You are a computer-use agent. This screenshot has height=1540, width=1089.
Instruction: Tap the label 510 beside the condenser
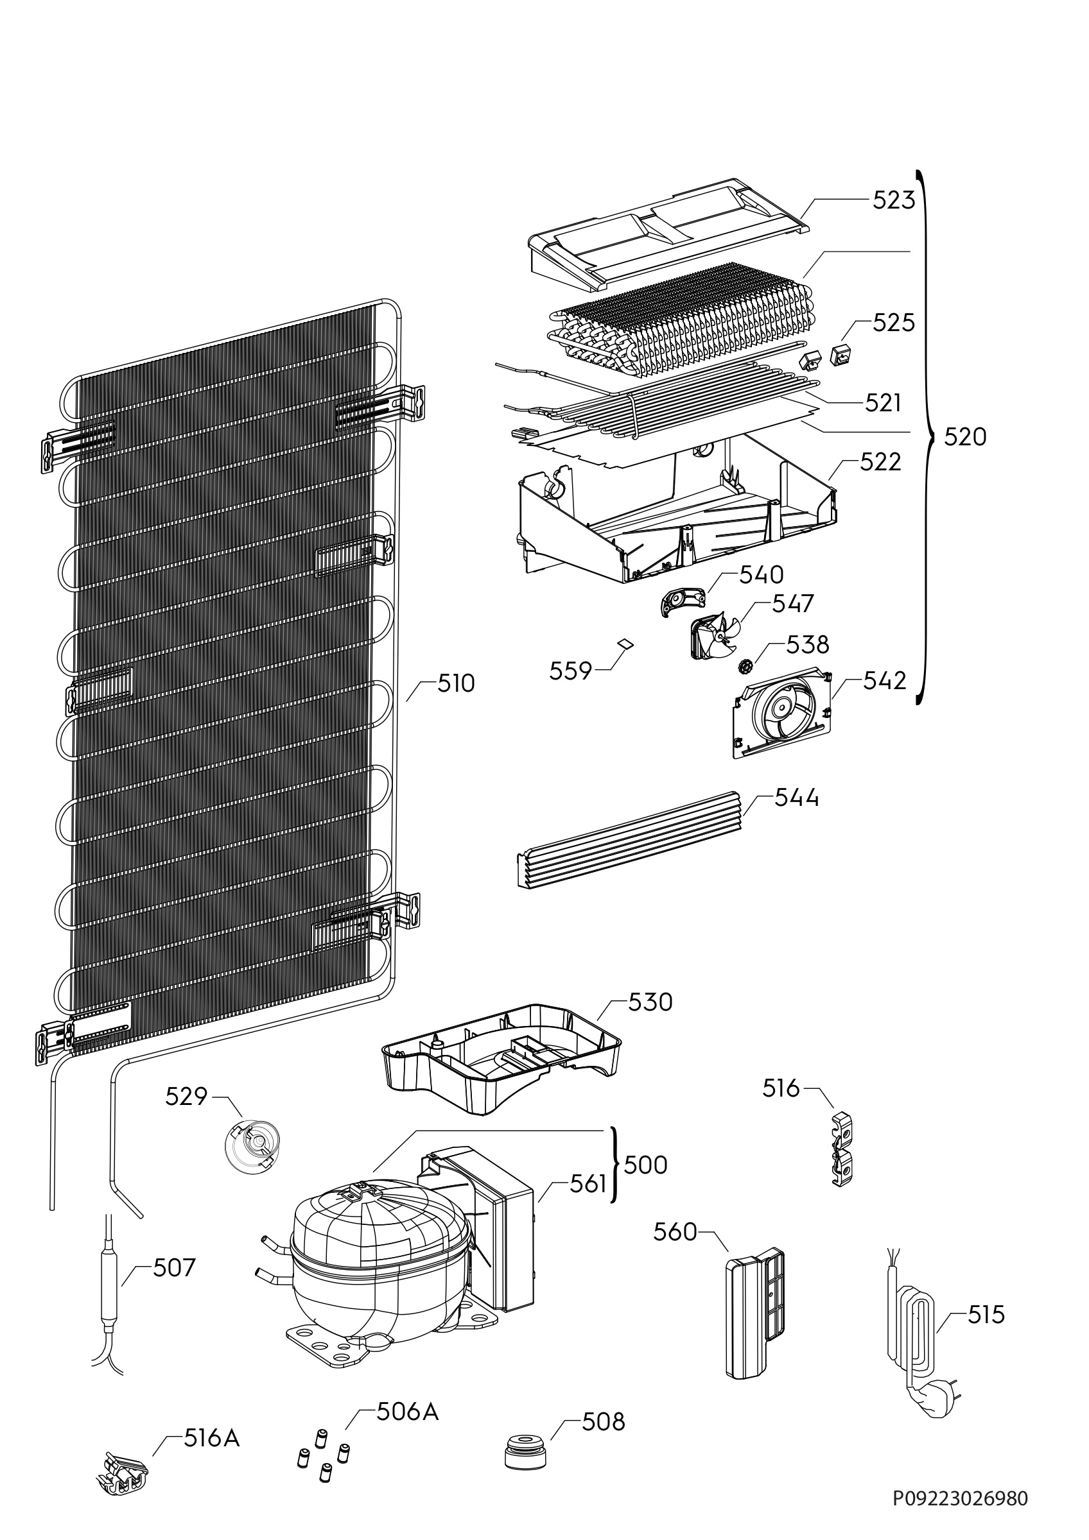pos(456,683)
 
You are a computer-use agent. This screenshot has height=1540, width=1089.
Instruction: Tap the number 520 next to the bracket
pos(965,438)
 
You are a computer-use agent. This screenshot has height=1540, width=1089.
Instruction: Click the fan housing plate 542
pos(781,714)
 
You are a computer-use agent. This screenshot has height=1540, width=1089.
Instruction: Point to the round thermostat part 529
pos(252,1145)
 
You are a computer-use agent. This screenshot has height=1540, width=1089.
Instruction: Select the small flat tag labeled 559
pos(625,642)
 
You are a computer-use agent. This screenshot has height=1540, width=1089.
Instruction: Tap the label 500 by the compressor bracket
pos(645,1165)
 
